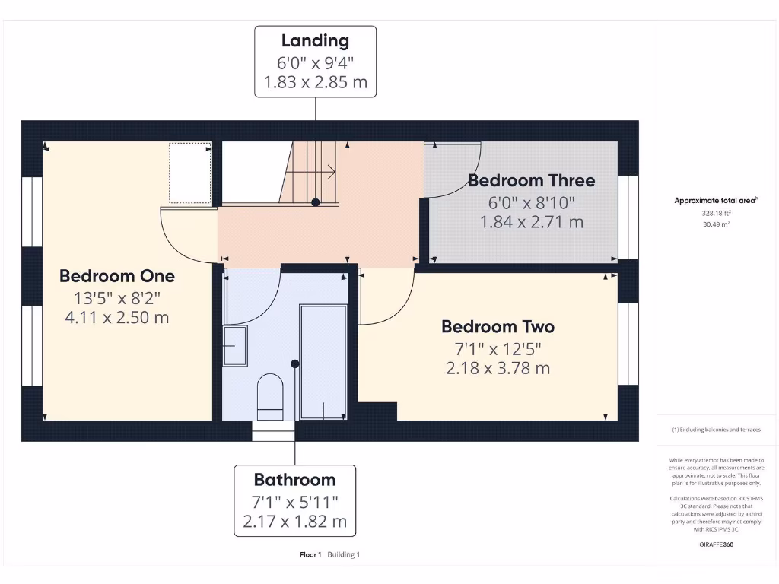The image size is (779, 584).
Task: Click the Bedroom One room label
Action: (x=117, y=276)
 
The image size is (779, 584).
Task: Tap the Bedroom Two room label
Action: (x=498, y=327)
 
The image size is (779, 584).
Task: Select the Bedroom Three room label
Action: (x=531, y=181)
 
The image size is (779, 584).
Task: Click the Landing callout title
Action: (x=315, y=41)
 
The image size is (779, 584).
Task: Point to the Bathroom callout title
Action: (x=294, y=480)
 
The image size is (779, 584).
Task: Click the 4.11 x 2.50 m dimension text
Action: (x=117, y=318)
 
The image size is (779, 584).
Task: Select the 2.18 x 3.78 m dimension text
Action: (x=498, y=369)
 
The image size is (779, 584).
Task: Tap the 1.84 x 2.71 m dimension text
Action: (x=531, y=222)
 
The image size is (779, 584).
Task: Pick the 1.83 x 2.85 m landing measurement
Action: (x=315, y=82)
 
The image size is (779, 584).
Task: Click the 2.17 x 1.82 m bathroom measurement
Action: (x=294, y=522)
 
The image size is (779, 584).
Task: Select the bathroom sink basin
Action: (x=235, y=345)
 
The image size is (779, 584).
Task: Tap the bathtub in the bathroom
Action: (x=323, y=363)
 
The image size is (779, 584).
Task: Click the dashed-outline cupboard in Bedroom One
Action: (x=190, y=173)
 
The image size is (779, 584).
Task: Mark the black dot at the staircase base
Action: (x=315, y=202)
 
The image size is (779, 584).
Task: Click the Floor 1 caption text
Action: (x=311, y=555)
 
